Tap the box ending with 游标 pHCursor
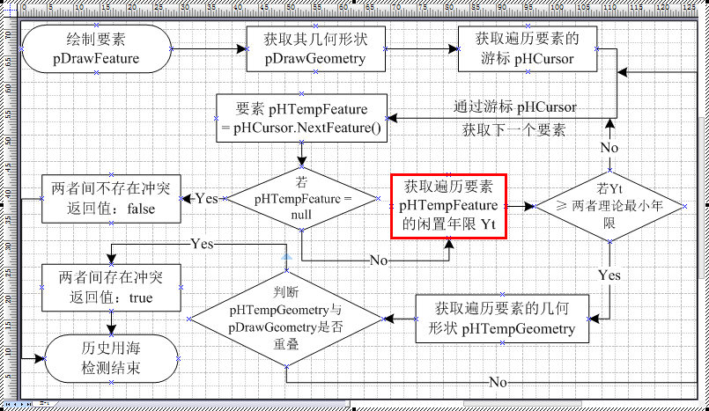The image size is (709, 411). point(526,49)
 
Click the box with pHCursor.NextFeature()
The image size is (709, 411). point(302,119)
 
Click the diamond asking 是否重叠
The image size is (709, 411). point(285,318)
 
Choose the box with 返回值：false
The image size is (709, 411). point(112,197)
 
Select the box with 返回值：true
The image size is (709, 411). point(112,287)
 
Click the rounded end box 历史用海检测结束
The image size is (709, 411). point(112,357)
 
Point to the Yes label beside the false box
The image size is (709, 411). point(206,198)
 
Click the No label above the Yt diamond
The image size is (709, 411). point(609,146)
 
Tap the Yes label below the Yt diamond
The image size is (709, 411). point(609,275)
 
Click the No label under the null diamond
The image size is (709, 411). point(379,261)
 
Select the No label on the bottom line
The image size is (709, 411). point(499,382)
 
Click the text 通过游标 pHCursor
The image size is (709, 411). point(515,107)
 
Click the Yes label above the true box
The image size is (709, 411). point(203,241)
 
